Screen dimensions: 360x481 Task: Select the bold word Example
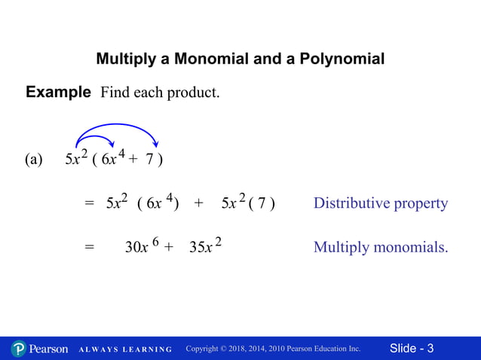coord(58,93)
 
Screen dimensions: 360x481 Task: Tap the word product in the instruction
coord(194,94)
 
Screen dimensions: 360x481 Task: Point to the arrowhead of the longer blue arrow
coord(155,144)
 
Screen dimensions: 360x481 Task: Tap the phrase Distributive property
coord(380,203)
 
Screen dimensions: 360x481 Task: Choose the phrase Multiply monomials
coord(380,247)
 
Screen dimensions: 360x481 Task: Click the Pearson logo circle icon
coord(19,349)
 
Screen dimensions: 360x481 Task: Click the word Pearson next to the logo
coord(48,349)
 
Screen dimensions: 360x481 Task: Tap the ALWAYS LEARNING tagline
coord(125,349)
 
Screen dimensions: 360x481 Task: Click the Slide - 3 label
coord(412,349)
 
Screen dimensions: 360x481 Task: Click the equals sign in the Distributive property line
coord(88,204)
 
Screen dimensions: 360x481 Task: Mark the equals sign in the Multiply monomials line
coord(88,248)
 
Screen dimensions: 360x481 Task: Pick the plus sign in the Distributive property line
coord(198,203)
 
